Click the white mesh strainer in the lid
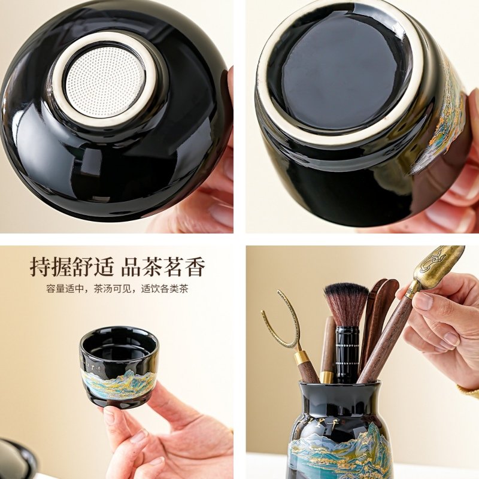(104, 82)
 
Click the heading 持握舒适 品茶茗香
(117, 266)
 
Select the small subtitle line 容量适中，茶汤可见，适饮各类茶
(117, 289)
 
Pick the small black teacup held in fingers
(119, 366)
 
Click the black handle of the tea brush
(347, 354)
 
